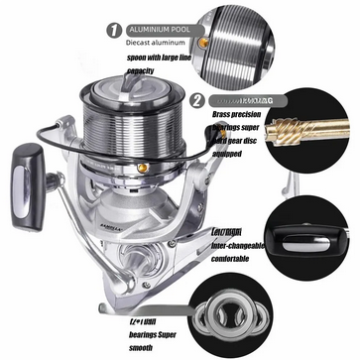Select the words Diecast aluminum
[x=157, y=45]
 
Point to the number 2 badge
[x=196, y=99]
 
